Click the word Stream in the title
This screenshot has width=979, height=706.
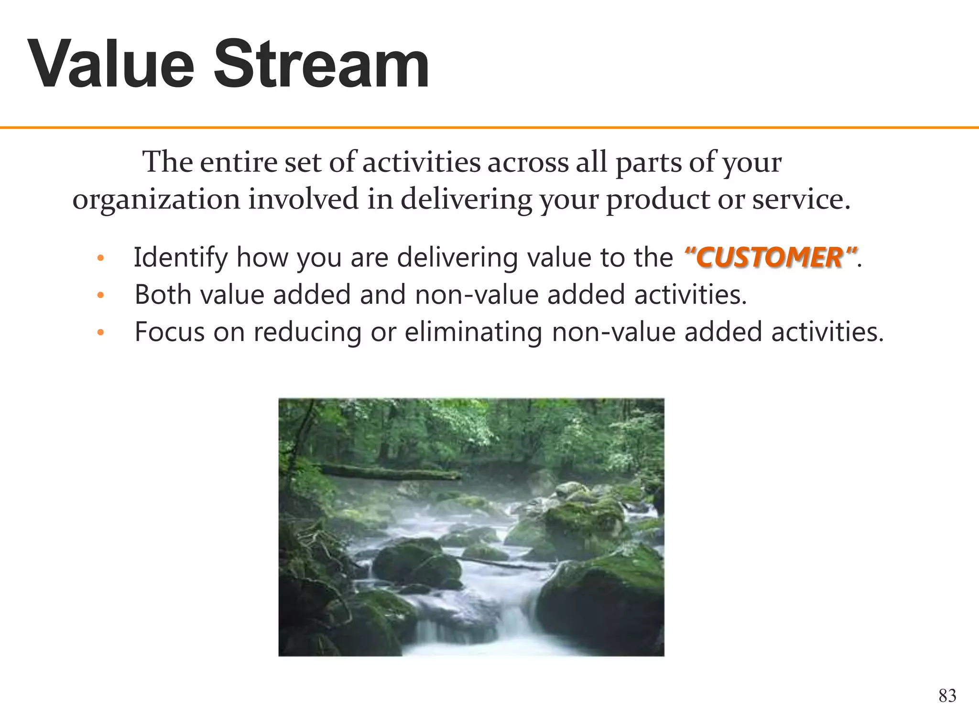(x=320, y=64)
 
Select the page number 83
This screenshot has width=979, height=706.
(x=947, y=695)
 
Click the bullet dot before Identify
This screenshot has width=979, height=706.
(x=100, y=258)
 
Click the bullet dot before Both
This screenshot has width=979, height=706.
(x=100, y=296)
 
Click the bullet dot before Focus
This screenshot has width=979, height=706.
(x=100, y=333)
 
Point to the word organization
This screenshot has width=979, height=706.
(x=156, y=200)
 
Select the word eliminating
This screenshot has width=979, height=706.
(x=473, y=332)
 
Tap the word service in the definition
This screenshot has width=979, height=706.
(x=801, y=199)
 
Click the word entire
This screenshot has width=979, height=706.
(x=238, y=162)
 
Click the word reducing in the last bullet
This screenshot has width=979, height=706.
(x=307, y=332)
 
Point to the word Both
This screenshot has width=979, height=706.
(x=163, y=295)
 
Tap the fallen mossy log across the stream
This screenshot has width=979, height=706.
(x=387, y=473)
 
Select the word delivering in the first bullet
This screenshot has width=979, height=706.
(x=457, y=257)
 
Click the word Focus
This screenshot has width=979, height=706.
(x=169, y=332)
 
